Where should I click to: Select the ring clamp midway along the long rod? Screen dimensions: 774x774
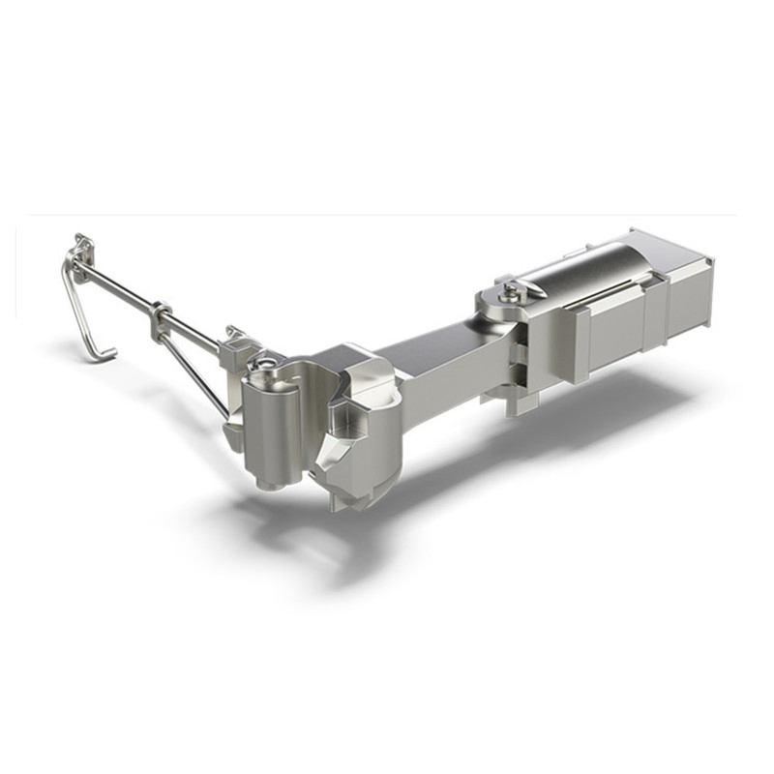pos(160,314)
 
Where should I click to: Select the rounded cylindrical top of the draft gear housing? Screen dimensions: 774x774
pos(590,266)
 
